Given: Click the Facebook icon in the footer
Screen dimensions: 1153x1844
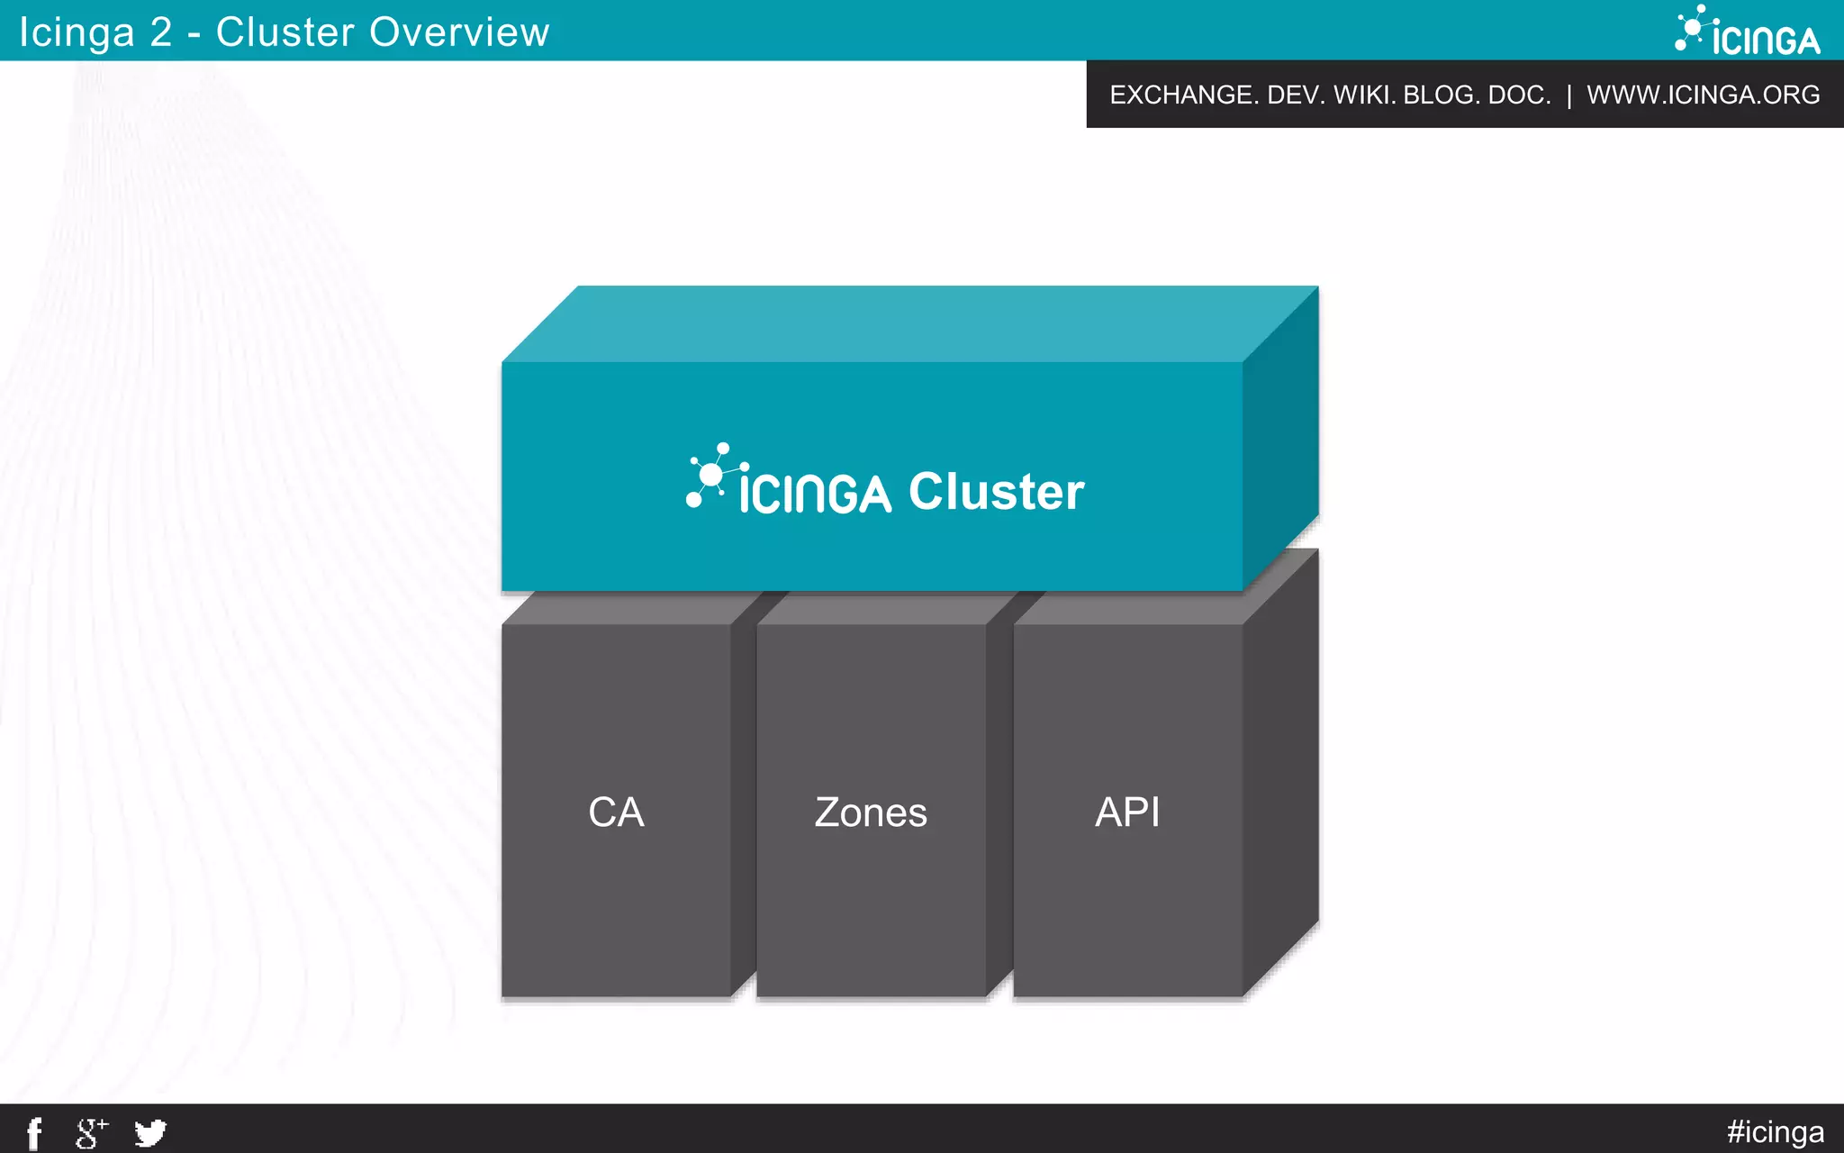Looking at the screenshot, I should point(34,1132).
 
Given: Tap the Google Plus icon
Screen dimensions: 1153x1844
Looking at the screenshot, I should point(90,1132).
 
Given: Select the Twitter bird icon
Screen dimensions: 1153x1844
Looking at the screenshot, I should point(150,1132).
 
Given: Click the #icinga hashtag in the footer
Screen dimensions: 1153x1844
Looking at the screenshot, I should point(1775,1131).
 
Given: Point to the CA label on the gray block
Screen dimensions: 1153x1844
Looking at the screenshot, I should point(616,812).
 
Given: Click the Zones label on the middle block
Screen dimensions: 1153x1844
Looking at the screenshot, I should point(871,813).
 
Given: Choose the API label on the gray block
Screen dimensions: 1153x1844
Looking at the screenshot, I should point(1127,812).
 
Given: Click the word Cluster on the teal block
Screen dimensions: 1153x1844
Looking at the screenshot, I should point(996,492).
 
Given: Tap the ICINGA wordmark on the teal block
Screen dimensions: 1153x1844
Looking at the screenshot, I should point(815,494).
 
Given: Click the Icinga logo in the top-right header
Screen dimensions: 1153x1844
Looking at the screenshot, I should point(1748,32).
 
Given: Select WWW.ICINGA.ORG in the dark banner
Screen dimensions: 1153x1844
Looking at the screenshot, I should point(1703,95).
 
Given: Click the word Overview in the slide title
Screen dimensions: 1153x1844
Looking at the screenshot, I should point(459,32).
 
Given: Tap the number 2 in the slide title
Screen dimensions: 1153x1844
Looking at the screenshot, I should point(161,32).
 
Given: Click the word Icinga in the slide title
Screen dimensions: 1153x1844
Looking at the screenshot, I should point(77,32).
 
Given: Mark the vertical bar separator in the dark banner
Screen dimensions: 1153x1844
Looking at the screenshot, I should point(1569,95).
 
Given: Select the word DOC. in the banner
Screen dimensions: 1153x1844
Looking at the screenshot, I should point(1520,95).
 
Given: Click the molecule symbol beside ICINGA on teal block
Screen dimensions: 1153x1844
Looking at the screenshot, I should point(713,475).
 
